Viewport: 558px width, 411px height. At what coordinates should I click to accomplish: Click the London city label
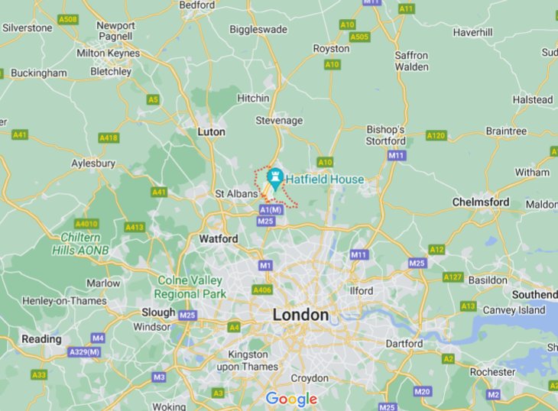300,315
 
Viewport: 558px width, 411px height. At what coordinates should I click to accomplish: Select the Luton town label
211,131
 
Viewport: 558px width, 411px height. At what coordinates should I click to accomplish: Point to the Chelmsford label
481,202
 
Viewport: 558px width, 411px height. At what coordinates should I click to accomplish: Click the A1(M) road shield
271,209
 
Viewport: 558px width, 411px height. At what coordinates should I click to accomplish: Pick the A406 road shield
262,290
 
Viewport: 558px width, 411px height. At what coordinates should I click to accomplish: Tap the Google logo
290,399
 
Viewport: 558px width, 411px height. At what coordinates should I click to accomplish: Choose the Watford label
218,239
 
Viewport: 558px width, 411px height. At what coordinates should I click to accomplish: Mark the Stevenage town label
278,121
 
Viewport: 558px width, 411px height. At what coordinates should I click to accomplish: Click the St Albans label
236,194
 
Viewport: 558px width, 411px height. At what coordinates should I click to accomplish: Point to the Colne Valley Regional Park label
190,287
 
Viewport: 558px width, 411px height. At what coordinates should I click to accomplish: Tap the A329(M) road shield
84,351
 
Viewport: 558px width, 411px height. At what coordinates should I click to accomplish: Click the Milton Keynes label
108,53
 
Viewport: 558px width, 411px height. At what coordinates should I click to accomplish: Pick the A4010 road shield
88,224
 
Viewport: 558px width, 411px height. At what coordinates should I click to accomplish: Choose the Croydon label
309,378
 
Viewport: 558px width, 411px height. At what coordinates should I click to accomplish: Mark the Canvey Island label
514,309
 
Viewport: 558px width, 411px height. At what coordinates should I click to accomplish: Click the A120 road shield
436,135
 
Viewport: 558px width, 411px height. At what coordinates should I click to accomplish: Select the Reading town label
41,339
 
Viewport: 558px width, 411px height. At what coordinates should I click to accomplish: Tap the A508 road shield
68,18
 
